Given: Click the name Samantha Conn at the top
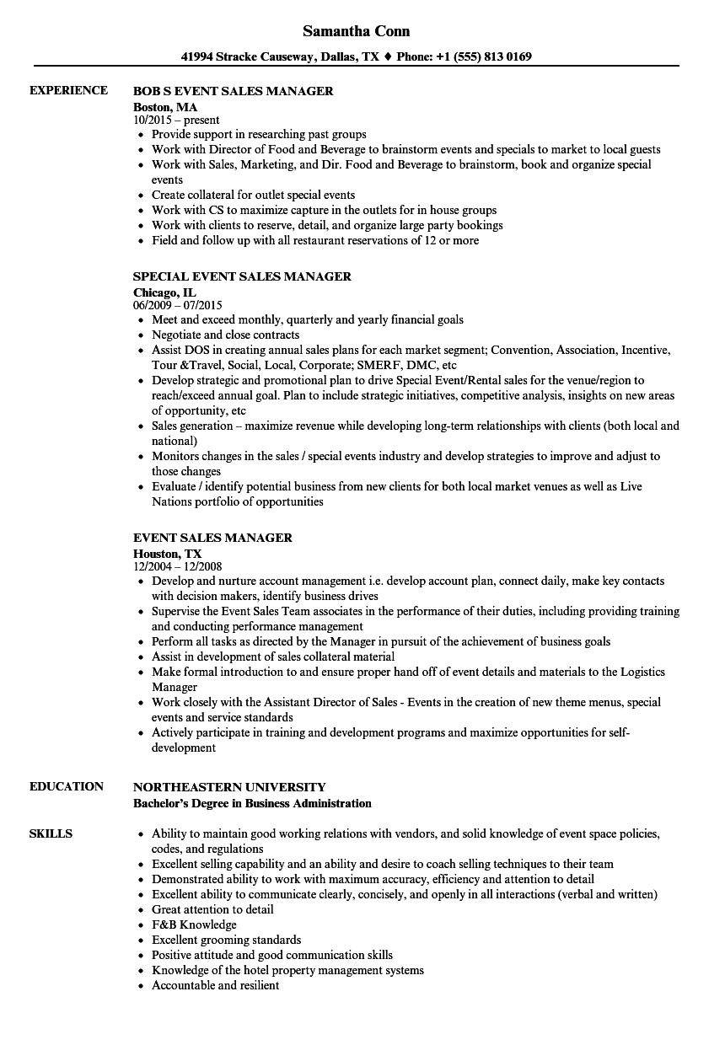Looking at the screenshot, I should click(x=357, y=31).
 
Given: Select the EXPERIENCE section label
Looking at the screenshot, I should click(x=68, y=90).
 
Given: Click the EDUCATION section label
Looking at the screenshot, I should click(x=67, y=786).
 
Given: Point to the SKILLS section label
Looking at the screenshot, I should click(x=51, y=833).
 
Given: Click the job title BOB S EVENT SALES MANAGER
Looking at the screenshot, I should click(x=233, y=91).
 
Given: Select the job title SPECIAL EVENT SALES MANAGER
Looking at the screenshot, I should click(x=242, y=276).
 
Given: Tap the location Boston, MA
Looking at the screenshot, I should click(x=165, y=107).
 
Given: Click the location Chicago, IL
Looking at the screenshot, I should click(x=165, y=292).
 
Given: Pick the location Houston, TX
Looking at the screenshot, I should click(x=168, y=554).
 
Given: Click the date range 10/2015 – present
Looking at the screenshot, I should click(x=176, y=121).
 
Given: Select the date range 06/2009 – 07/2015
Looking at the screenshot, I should click(x=178, y=305).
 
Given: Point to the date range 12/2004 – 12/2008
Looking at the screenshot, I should click(x=178, y=566).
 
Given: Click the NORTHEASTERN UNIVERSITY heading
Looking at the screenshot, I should click(x=229, y=787).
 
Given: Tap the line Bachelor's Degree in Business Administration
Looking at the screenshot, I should click(x=252, y=803).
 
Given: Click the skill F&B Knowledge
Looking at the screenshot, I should click(x=194, y=924).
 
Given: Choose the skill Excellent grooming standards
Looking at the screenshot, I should click(x=226, y=940).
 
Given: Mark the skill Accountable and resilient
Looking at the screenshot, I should click(x=215, y=985).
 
